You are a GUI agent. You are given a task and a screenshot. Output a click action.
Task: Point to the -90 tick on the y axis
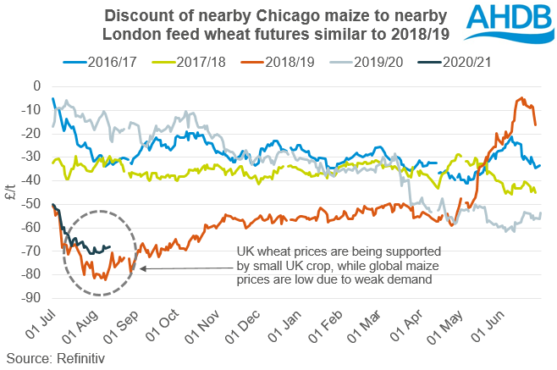tap(32, 298)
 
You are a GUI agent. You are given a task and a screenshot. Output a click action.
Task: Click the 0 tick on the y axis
tap(37, 86)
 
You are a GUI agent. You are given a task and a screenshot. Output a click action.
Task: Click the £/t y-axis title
tap(11, 192)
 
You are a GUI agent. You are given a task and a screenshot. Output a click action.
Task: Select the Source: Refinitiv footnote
tap(52, 358)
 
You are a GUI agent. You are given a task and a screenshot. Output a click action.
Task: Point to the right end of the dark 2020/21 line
tap(109, 247)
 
